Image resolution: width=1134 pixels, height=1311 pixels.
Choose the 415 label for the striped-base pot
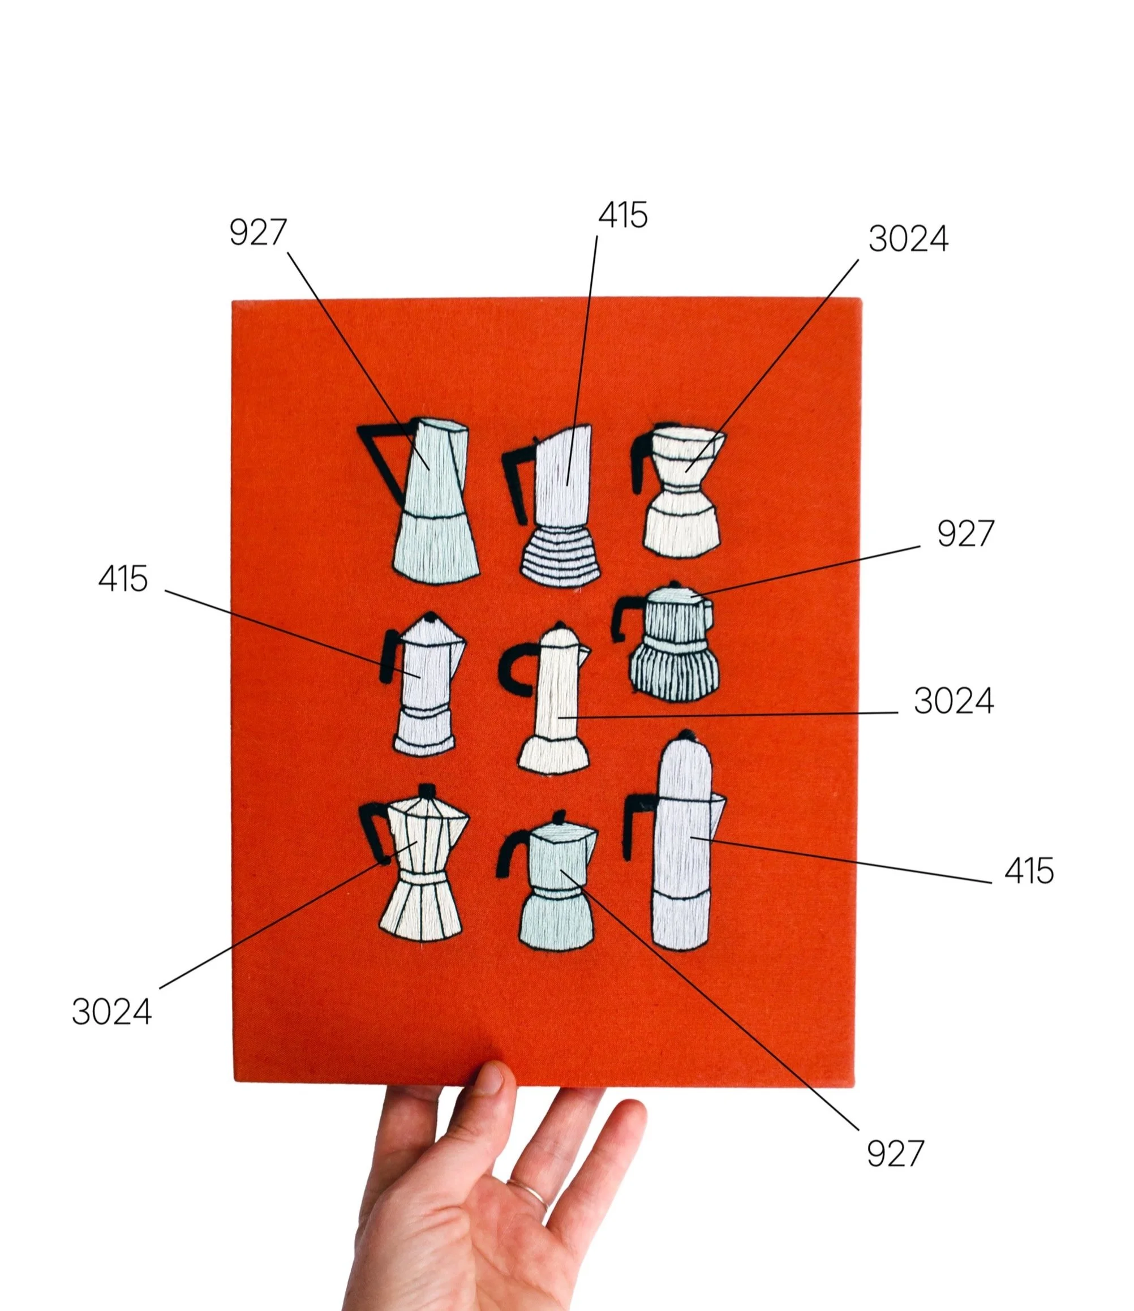click(x=624, y=216)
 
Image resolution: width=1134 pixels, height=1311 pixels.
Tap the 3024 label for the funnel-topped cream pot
click(x=908, y=239)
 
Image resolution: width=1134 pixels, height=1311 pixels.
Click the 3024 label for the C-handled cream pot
click(x=953, y=701)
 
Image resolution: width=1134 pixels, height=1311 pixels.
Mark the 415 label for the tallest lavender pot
click(x=1029, y=871)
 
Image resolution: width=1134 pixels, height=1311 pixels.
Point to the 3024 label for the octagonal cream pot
click(x=111, y=1012)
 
